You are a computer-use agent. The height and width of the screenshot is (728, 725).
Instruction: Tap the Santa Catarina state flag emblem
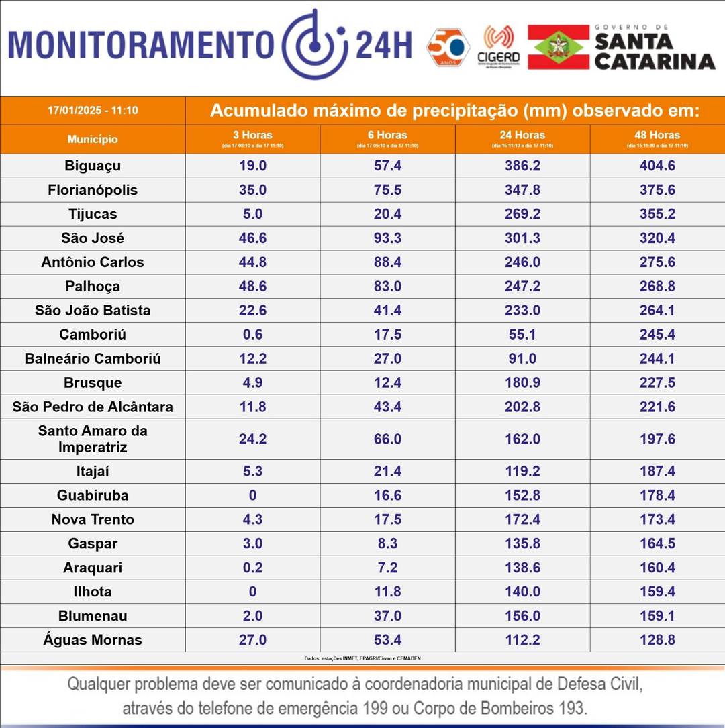(x=558, y=47)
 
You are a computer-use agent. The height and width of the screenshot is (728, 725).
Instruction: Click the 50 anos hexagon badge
(x=448, y=46)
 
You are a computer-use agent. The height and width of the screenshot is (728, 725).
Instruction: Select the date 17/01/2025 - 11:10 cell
(x=93, y=110)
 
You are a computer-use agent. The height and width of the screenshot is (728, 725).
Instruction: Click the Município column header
(x=93, y=140)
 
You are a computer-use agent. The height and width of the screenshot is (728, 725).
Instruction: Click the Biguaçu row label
(x=93, y=166)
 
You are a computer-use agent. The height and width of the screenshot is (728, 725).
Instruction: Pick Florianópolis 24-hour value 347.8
(x=522, y=190)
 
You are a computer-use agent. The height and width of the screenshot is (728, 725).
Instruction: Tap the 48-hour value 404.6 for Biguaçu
(x=657, y=166)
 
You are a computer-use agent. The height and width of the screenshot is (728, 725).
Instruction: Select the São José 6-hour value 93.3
(x=387, y=238)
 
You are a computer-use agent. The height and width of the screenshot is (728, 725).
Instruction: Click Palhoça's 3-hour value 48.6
(x=252, y=287)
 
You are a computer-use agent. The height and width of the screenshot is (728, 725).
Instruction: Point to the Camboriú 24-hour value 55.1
(x=522, y=335)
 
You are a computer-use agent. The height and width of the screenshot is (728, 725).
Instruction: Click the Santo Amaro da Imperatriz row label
(x=93, y=439)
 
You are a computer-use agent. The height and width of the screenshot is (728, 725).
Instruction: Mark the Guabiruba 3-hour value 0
(x=252, y=496)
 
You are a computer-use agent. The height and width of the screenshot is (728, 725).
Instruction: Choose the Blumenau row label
(x=93, y=616)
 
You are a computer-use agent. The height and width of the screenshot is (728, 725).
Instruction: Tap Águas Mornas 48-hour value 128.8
(x=657, y=640)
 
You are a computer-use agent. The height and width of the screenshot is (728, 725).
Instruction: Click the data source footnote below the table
(x=362, y=658)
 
